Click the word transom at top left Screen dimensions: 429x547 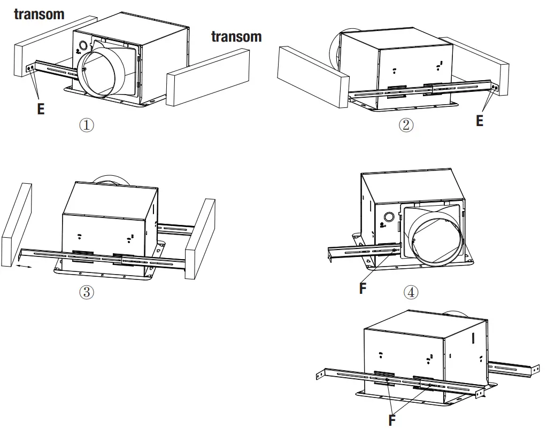39,14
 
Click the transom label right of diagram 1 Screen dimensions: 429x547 236,37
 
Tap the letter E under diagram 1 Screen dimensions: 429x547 41,109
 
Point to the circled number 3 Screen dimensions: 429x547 87,292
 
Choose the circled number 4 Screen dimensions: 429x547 411,292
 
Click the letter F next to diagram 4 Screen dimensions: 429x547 363,288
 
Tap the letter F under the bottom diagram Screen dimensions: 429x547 392,420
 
